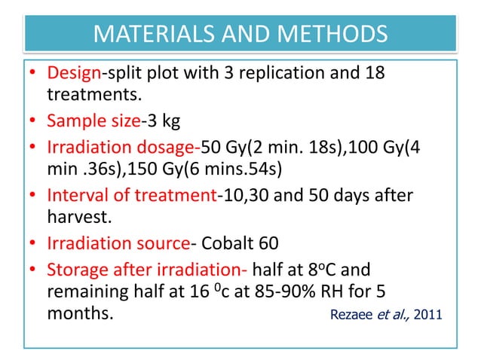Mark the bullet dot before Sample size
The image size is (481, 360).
35,121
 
